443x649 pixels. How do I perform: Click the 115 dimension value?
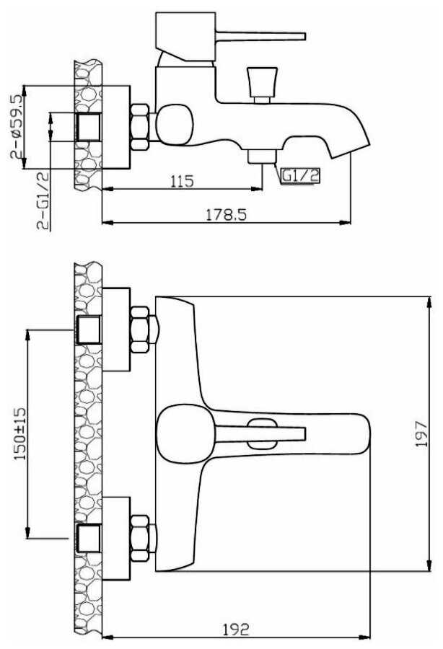coord(183,181)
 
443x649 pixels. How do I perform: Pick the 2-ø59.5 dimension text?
coord(16,125)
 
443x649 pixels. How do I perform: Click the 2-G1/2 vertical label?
coord(43,201)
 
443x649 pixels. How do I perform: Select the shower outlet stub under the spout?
coord(262,156)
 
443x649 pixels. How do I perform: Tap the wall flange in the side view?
coord(115,128)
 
